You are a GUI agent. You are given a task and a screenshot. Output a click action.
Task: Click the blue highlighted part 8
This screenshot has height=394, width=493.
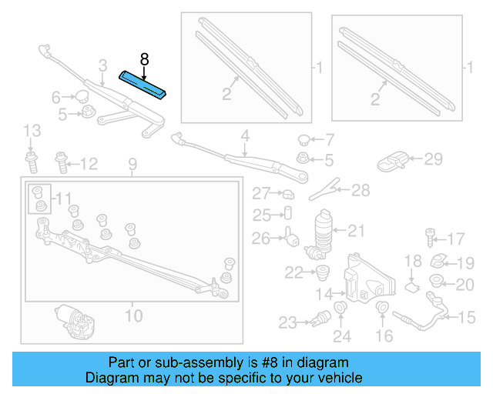tap(143, 84)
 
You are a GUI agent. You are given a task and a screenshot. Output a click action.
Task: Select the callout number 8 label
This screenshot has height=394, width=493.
tap(143, 58)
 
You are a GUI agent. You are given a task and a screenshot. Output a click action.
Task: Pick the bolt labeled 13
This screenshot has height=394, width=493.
tap(31, 162)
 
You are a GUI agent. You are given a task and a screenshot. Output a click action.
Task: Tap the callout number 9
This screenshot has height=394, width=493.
tap(132, 164)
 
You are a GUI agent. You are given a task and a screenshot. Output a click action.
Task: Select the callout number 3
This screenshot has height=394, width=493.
tap(102, 65)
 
